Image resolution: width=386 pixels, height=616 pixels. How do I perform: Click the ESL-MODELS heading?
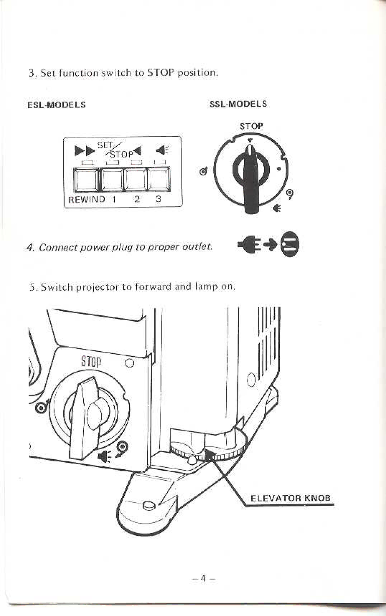click(57, 105)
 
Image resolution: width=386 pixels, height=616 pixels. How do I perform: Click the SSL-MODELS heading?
click(238, 104)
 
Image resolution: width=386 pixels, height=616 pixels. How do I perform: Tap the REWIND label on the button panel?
click(87, 199)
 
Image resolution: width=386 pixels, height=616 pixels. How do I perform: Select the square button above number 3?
click(159, 179)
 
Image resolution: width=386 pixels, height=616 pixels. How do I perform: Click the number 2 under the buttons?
click(137, 199)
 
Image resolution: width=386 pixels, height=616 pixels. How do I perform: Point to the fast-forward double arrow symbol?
click(85, 151)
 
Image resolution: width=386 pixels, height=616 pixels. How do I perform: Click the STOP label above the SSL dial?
click(251, 126)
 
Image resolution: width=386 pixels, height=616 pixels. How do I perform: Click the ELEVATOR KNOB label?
click(290, 498)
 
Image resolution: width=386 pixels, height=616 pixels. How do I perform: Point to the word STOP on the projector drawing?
click(91, 361)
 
